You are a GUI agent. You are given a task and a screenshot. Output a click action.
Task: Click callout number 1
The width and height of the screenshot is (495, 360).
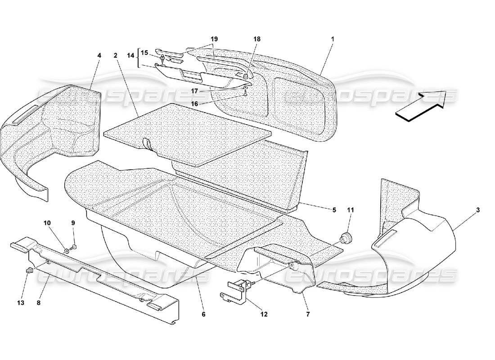(x=333, y=39)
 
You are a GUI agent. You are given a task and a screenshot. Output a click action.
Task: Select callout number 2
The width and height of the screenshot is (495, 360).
(x=115, y=55)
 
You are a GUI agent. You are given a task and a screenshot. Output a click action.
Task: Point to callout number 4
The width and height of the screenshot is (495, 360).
(x=99, y=55)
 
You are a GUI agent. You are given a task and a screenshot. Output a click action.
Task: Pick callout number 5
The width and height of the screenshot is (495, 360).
(x=334, y=210)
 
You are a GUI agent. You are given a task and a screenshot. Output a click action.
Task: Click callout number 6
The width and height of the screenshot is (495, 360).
(x=203, y=314)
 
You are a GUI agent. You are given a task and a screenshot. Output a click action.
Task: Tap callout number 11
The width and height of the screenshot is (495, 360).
(x=351, y=210)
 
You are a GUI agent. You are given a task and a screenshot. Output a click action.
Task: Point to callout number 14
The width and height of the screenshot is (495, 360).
(x=130, y=55)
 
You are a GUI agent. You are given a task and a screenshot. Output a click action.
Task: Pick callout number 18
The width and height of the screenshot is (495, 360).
(x=256, y=39)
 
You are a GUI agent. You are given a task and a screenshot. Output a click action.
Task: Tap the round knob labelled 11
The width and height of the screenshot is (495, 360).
(x=346, y=238)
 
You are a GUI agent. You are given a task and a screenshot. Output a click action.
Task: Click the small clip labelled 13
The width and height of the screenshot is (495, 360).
(x=29, y=271)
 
